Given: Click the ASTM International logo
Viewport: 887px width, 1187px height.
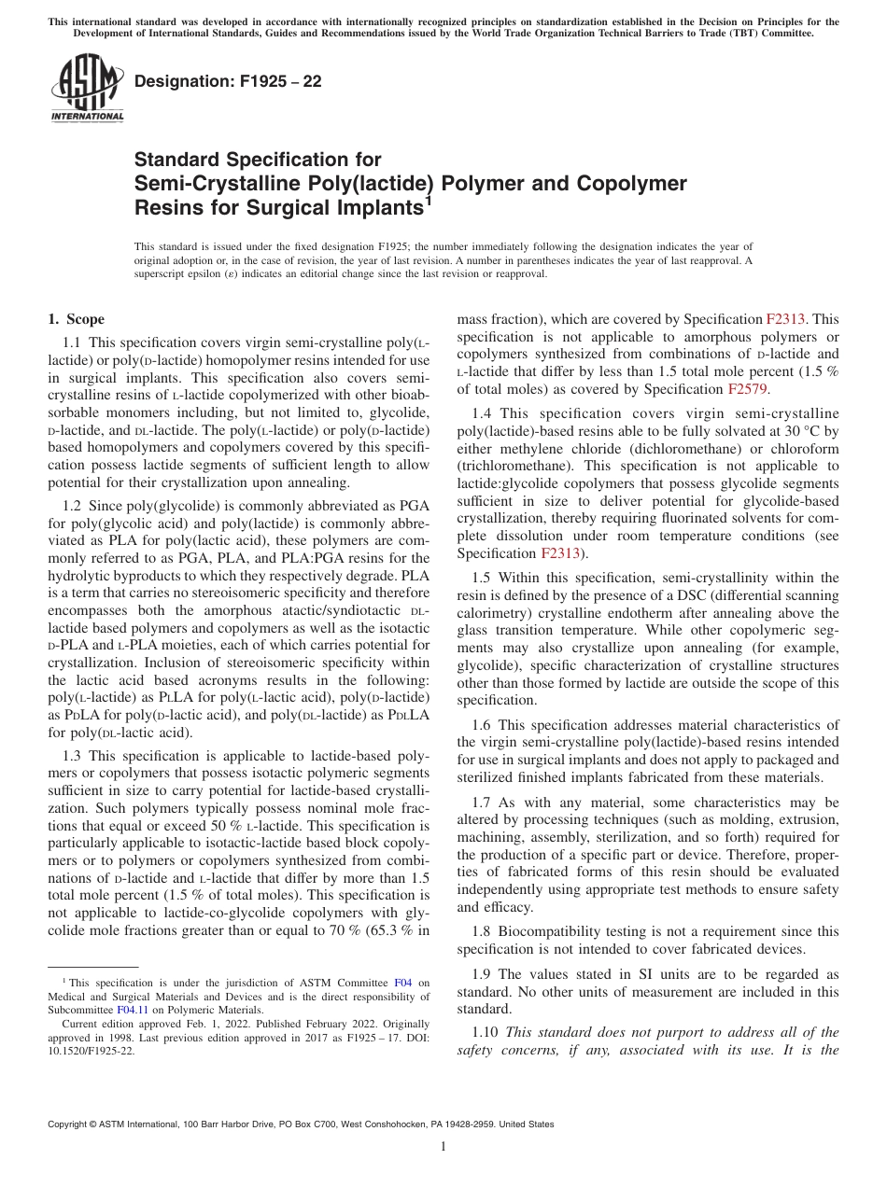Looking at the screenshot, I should click(x=87, y=89).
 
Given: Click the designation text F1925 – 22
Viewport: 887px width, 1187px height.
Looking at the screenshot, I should click(x=228, y=82).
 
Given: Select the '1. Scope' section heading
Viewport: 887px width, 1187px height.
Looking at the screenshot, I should click(x=76, y=320).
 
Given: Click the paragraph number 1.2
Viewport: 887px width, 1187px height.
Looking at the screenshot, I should click(x=72, y=503).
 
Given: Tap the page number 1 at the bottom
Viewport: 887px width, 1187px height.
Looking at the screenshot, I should click(x=443, y=1147).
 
